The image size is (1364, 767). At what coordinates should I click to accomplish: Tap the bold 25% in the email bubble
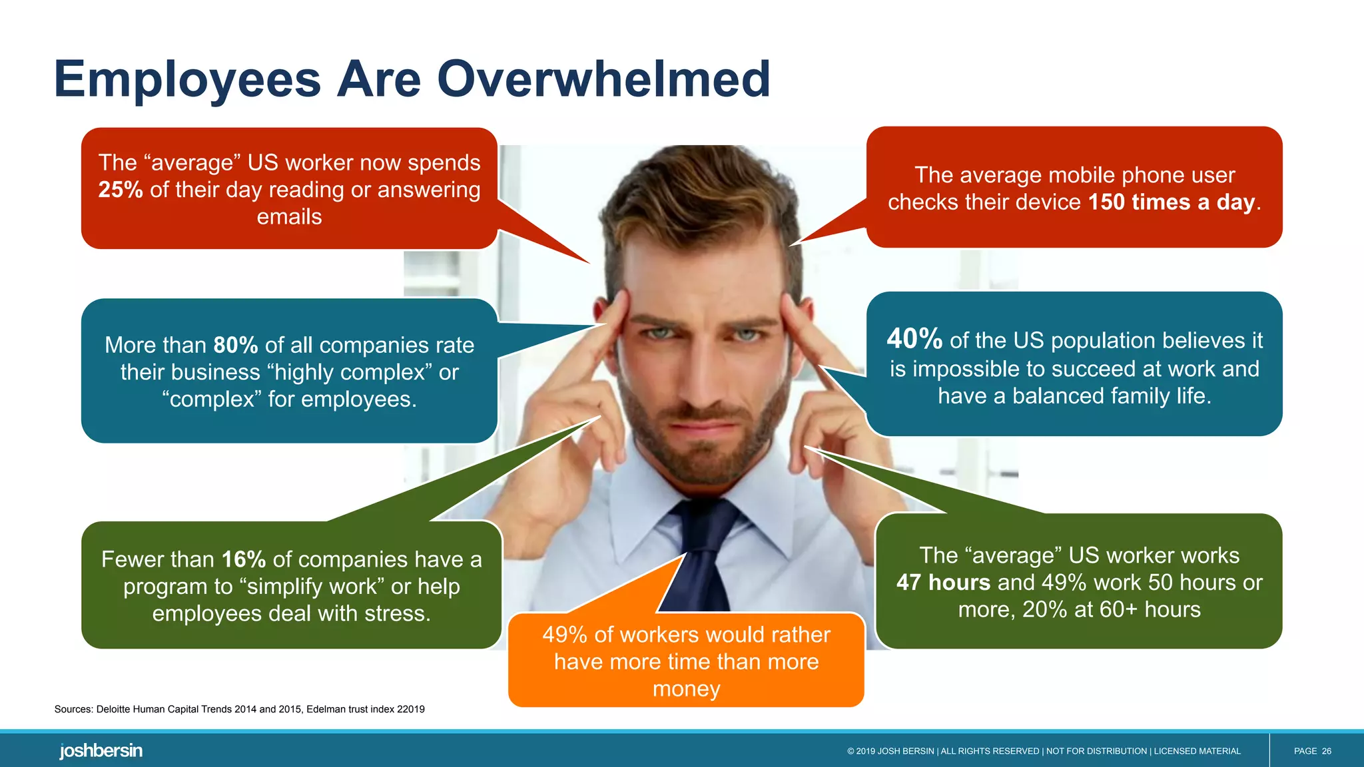(121, 190)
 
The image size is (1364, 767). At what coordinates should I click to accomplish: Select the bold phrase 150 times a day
(1172, 202)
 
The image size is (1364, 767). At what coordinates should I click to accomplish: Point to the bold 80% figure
(236, 345)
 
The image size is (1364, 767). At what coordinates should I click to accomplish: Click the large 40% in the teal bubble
(914, 339)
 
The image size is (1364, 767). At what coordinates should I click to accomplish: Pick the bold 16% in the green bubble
(244, 559)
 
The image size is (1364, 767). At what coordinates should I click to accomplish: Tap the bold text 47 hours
(943, 583)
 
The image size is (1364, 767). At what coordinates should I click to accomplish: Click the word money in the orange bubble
(686, 688)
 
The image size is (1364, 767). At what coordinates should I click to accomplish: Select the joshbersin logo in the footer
(101, 750)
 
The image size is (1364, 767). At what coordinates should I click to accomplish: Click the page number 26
(1326, 751)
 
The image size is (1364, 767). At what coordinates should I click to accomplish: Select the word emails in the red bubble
(289, 217)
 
